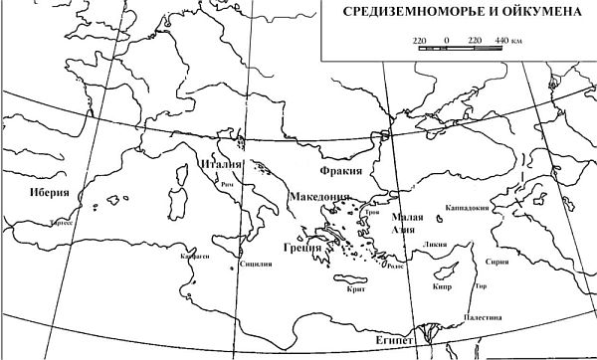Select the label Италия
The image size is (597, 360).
pos(221,164)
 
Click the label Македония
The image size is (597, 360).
pos(319,198)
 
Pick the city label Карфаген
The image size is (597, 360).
pos(193,256)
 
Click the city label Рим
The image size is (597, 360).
pos(228,186)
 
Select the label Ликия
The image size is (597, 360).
pos(434,243)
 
